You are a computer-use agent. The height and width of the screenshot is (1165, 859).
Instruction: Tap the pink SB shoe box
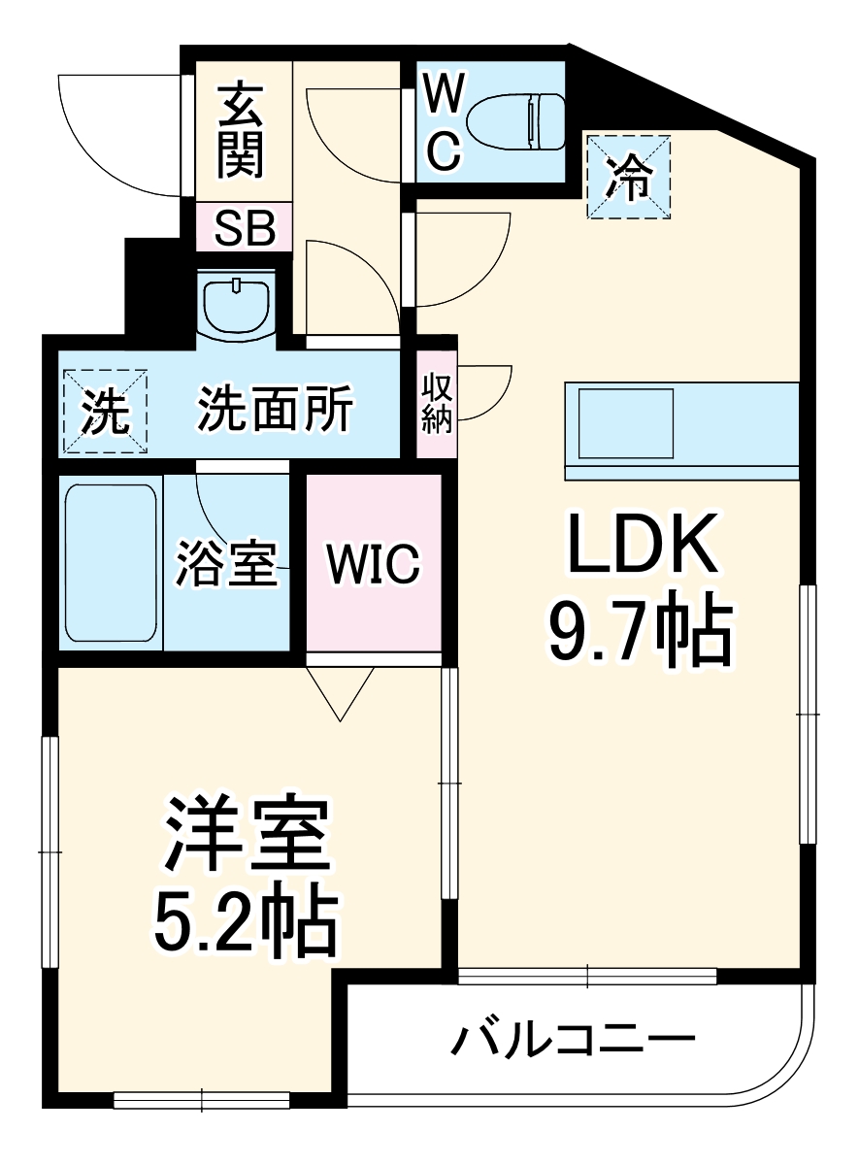245,228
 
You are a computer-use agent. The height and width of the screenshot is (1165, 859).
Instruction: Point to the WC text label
443,123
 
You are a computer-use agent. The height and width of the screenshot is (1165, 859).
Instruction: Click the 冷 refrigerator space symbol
629,177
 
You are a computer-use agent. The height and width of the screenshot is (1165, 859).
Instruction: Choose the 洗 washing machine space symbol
105,412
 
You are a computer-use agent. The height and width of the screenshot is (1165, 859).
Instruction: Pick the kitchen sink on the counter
626,423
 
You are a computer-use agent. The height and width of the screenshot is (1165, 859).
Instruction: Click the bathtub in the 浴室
111,562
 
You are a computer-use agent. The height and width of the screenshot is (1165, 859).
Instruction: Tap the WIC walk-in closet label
374,563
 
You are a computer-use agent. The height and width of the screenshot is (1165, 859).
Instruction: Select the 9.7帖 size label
640,632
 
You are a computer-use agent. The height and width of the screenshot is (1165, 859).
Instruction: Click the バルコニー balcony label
573,1041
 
